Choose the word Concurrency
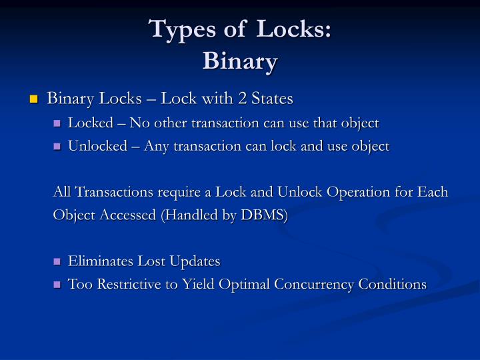pyautogui.click(x=316, y=285)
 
